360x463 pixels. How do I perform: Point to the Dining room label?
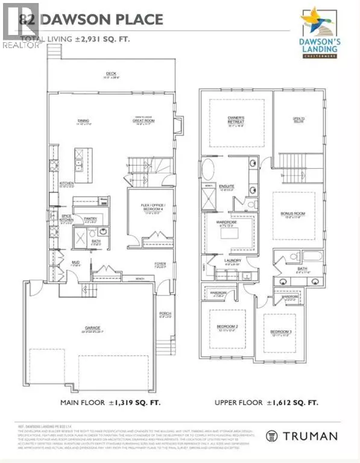83,121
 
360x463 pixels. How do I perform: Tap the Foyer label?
160,264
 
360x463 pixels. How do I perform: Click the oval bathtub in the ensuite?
207,169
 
